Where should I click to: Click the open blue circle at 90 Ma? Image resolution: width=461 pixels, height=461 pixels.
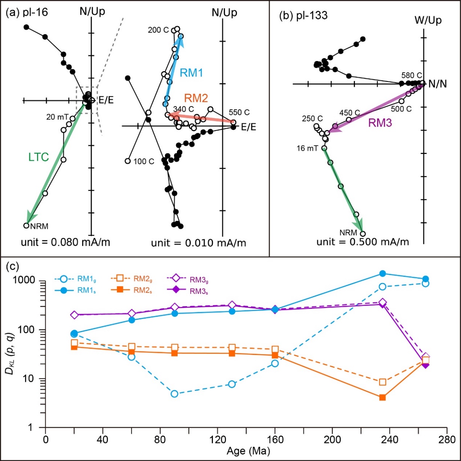pos(174,394)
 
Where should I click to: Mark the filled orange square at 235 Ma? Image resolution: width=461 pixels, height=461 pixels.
pos(383,397)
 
